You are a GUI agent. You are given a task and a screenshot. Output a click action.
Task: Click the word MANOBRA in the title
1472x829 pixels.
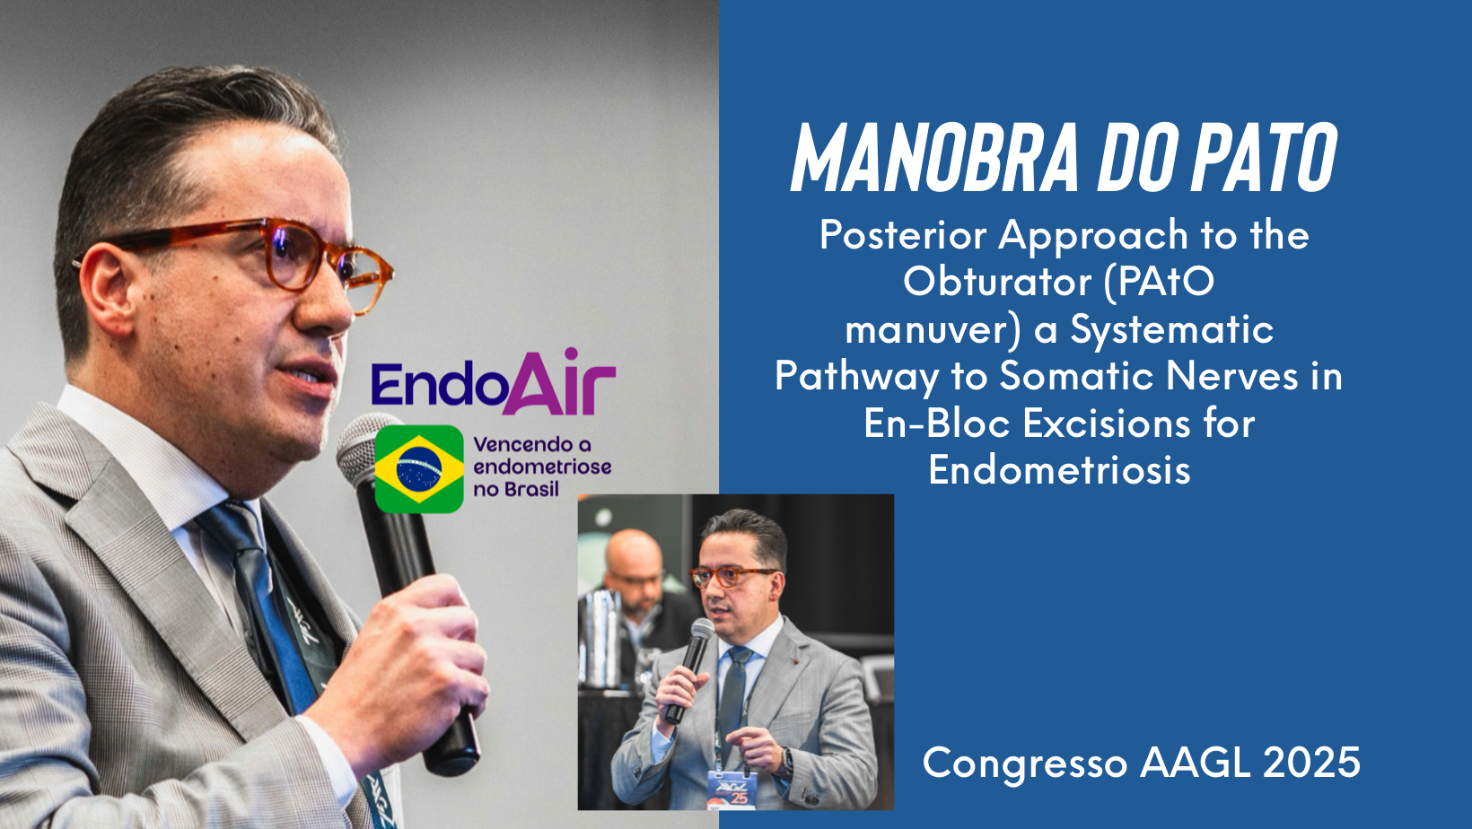934,158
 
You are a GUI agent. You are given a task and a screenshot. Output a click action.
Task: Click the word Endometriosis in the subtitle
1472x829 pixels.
1059,470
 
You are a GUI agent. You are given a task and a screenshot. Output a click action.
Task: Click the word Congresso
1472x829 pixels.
1025,764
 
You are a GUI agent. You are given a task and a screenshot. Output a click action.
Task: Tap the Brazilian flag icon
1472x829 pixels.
419,469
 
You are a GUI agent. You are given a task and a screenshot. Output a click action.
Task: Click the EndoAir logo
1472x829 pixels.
494,383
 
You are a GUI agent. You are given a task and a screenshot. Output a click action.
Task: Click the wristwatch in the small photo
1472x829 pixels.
786,762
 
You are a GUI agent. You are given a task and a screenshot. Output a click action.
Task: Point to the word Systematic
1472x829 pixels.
1172,330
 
